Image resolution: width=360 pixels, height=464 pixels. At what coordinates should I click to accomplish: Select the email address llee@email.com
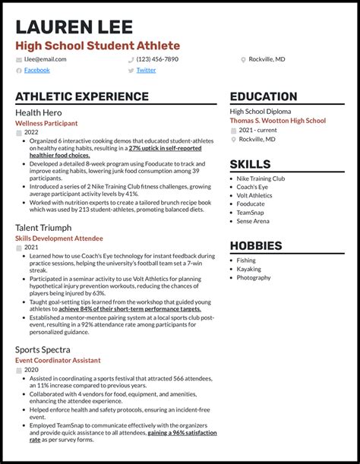40,58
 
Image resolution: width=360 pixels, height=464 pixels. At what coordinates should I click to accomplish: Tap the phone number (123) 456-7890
157,58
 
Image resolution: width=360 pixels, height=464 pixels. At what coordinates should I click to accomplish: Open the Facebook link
37,70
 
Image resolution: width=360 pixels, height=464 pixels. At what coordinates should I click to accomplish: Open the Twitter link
146,70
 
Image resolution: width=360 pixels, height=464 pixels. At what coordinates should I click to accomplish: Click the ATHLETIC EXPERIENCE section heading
82,96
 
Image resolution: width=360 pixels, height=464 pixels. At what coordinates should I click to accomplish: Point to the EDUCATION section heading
264,96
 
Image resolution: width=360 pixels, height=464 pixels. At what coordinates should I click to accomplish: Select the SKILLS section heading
250,164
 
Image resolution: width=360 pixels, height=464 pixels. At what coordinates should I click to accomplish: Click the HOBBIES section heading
256,246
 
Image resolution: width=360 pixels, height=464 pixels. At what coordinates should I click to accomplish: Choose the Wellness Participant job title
46,122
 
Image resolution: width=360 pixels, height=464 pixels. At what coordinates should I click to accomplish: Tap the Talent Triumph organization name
43,227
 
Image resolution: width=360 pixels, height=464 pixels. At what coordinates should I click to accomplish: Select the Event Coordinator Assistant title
58,360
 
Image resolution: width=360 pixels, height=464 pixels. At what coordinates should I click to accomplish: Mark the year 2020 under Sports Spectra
31,370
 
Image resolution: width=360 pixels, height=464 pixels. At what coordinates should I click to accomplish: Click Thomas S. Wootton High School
278,121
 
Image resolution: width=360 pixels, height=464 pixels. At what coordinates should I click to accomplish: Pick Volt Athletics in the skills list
254,195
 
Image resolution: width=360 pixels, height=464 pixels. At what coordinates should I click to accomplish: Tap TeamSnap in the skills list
251,213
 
